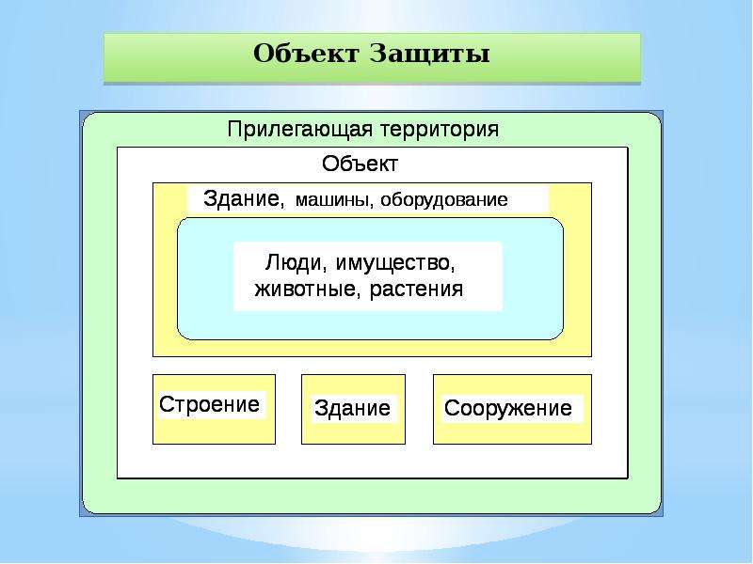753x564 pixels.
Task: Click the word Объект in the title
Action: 306,53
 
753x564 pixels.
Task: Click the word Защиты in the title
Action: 430,54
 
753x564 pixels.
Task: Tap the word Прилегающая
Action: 300,130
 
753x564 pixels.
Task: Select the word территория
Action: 440,130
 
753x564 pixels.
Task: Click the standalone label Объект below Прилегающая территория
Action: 360,164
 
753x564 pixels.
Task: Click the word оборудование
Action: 444,199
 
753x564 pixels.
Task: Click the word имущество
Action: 394,263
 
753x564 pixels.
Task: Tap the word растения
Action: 417,290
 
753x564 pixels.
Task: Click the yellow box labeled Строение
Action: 215,409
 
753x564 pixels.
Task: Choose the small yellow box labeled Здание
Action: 354,409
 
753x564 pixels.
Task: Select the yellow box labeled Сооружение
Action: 512,409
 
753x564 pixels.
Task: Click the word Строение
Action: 209,404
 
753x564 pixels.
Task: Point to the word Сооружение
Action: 508,408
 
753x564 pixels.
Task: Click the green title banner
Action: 372,58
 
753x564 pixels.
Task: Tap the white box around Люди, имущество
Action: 368,276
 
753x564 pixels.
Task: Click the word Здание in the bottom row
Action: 352,408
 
